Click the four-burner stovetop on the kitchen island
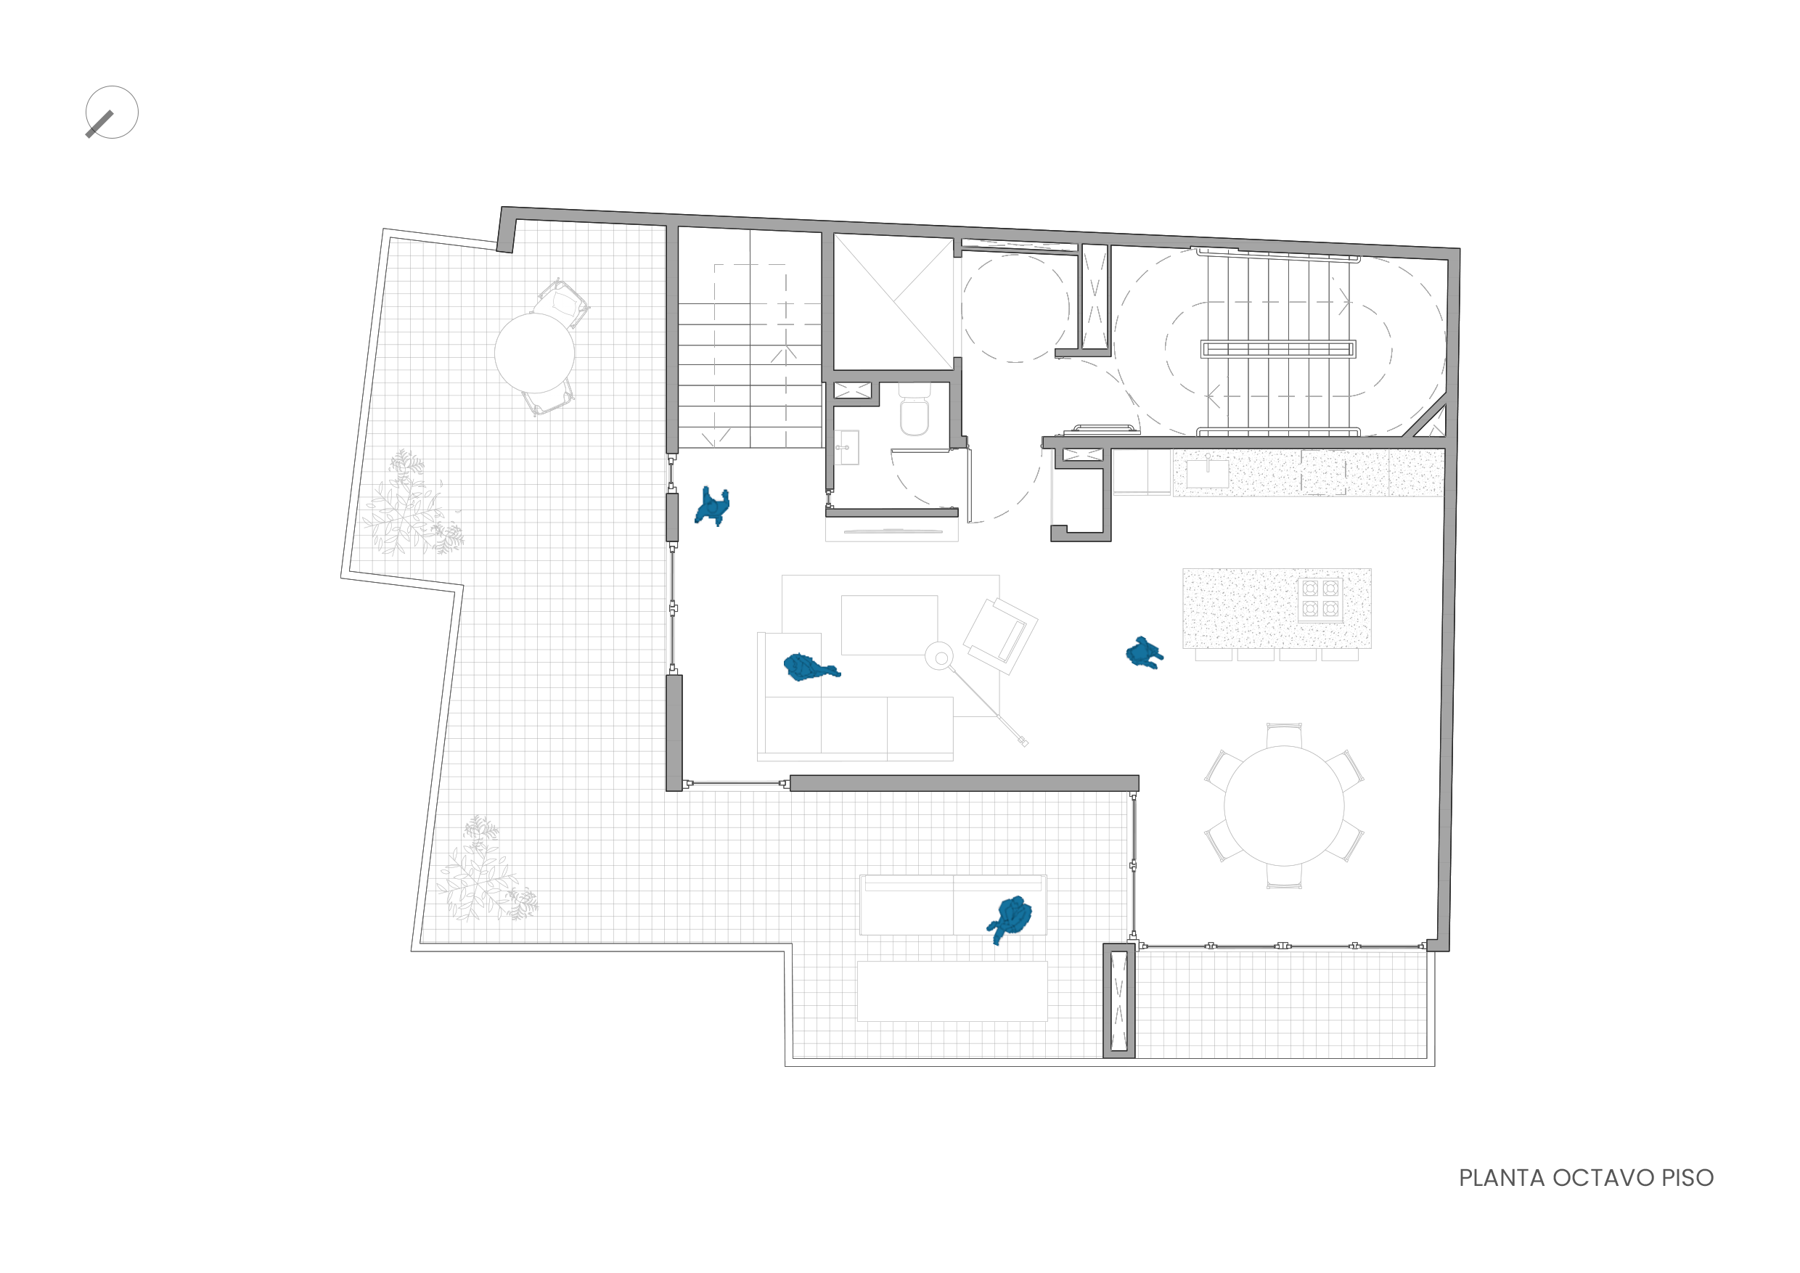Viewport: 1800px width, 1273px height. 1320,599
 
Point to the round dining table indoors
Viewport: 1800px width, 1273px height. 1284,806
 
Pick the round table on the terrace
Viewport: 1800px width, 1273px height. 535,353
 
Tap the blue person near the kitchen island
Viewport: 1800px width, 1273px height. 1144,652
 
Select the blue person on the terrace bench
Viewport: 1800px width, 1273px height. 1011,918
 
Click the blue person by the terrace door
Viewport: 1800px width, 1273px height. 713,507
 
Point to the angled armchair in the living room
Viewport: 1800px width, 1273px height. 1000,635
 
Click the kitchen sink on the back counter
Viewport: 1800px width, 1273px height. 1207,473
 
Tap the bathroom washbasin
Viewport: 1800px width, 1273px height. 846,448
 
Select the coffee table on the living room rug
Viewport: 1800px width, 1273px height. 889,625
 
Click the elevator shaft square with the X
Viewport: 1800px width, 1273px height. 893,302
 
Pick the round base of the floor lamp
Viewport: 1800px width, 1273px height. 939,656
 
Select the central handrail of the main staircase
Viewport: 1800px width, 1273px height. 1278,349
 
